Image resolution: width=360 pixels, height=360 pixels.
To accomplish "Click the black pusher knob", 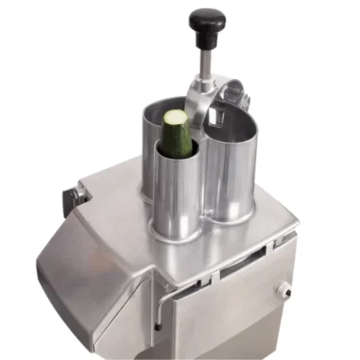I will click(x=207, y=21).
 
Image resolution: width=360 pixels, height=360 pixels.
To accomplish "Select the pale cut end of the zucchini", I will click(x=175, y=118).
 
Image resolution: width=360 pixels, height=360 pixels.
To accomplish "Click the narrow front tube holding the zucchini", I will click(x=175, y=186).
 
